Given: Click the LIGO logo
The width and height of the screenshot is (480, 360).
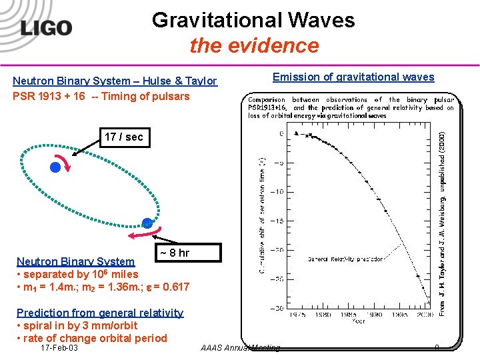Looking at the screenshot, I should point(45,28).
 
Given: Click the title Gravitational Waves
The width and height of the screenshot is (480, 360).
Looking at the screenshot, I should point(253,20).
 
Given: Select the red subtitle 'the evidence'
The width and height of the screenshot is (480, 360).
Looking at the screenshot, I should point(254,45).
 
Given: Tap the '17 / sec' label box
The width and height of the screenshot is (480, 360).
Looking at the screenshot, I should point(123,137).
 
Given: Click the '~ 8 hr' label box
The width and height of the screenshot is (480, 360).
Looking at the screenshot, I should point(175,253).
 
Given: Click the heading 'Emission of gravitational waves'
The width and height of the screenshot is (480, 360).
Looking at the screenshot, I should point(353,77).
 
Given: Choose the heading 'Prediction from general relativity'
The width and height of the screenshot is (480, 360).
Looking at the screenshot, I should point(100,313).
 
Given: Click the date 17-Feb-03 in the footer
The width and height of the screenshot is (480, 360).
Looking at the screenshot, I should point(59,348).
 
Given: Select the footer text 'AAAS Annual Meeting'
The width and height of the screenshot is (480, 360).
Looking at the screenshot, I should point(240,348).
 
